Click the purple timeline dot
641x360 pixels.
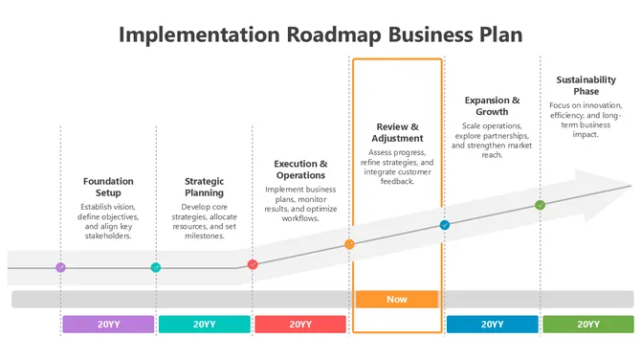click(60, 268)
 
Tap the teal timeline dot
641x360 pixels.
click(156, 268)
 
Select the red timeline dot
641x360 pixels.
click(253, 264)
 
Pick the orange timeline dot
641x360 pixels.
click(349, 244)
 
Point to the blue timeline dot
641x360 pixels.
click(445, 225)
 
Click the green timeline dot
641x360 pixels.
click(540, 205)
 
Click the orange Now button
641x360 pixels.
click(397, 299)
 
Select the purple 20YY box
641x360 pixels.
click(108, 324)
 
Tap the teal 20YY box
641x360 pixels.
click(204, 324)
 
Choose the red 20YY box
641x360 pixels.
click(300, 324)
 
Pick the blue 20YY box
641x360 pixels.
click(492, 324)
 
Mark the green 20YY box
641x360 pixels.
click(587, 324)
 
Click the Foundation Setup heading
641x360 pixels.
click(108, 187)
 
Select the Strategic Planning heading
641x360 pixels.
click(204, 187)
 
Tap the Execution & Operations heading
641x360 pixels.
click(300, 169)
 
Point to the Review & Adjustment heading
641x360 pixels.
click(396, 132)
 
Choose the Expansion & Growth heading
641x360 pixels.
click(492, 105)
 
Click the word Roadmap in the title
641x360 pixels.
click(334, 35)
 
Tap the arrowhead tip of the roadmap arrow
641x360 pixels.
click(629, 185)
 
